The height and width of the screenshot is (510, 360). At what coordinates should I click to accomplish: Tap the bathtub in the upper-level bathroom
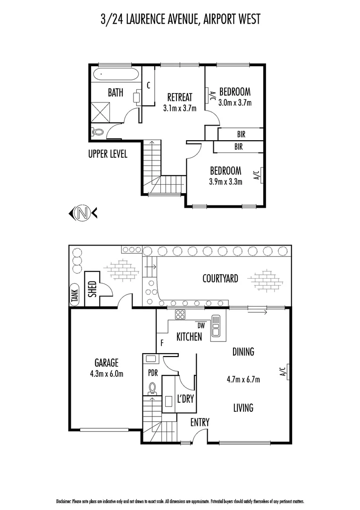(x=116, y=75)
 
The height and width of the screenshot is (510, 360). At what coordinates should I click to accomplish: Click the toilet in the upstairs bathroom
(x=98, y=133)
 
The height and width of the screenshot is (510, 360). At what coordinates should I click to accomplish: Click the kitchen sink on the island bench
(x=216, y=325)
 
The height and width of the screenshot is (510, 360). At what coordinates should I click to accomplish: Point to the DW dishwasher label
(x=201, y=325)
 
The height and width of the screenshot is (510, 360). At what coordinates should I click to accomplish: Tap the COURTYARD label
(x=220, y=279)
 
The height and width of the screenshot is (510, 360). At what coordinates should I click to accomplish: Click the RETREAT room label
(x=180, y=97)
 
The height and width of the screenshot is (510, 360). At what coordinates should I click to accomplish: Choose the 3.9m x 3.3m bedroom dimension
(x=226, y=181)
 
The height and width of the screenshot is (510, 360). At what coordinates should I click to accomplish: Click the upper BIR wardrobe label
(x=241, y=134)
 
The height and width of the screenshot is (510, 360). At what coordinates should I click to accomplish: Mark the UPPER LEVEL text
(x=108, y=154)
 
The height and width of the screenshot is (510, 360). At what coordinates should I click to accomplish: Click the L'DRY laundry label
(x=185, y=399)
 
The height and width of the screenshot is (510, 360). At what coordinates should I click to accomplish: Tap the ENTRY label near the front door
(x=200, y=422)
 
